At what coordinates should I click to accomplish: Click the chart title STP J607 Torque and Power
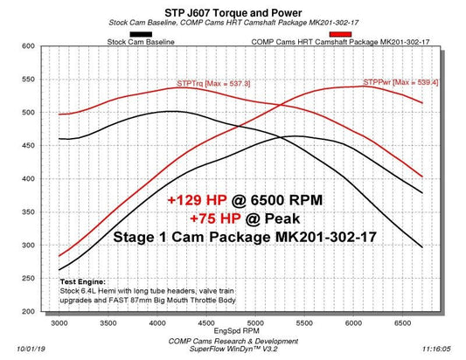(x=233, y=12)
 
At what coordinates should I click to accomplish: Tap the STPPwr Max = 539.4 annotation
(x=400, y=81)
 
